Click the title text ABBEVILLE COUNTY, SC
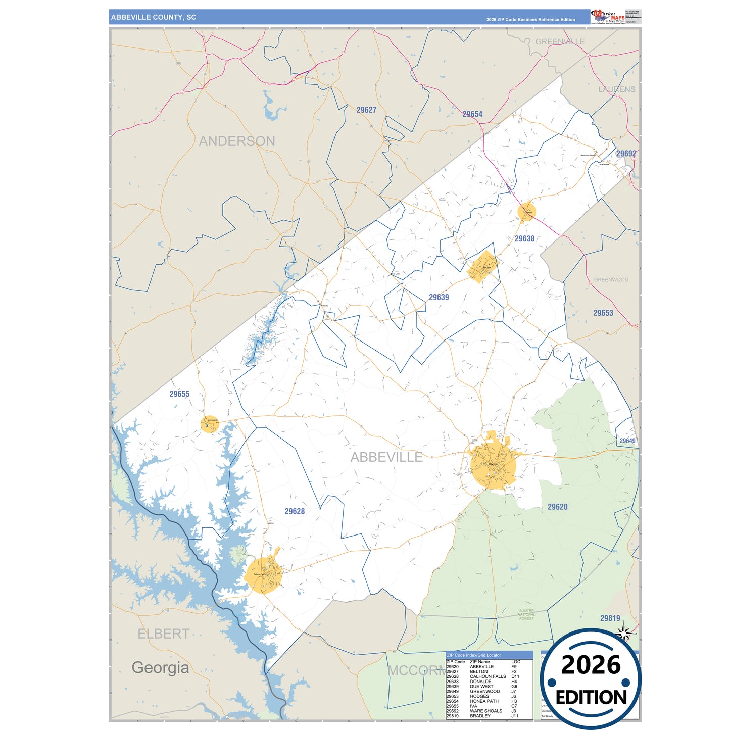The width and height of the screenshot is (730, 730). pyautogui.click(x=153, y=17)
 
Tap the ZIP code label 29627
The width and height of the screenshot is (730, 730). pyautogui.click(x=366, y=110)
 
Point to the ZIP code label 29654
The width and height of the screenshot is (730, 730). pyautogui.click(x=472, y=114)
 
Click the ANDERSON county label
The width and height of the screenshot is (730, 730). pyautogui.click(x=237, y=141)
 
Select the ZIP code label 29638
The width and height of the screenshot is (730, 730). pyautogui.click(x=524, y=239)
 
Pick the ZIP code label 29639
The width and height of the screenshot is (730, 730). pyautogui.click(x=439, y=297)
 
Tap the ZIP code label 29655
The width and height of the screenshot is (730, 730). pyautogui.click(x=179, y=394)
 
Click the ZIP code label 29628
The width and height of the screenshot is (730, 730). pyautogui.click(x=295, y=511)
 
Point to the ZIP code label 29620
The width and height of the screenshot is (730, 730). pyautogui.click(x=557, y=507)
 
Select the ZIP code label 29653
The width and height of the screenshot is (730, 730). pyautogui.click(x=603, y=313)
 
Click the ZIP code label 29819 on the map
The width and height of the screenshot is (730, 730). pyautogui.click(x=610, y=618)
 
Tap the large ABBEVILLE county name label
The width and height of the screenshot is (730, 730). pyautogui.click(x=386, y=457)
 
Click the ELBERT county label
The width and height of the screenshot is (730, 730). pyautogui.click(x=163, y=634)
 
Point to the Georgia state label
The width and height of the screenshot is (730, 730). pyautogui.click(x=160, y=667)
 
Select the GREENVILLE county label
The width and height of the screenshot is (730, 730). pyautogui.click(x=560, y=42)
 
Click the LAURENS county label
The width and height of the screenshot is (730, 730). pyautogui.click(x=616, y=89)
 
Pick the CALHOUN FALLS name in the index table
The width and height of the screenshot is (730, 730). pyautogui.click(x=488, y=676)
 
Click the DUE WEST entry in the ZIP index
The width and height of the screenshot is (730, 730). pyautogui.click(x=481, y=687)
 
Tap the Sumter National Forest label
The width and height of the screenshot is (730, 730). pyautogui.click(x=526, y=614)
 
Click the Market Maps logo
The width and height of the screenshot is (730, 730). pyautogui.click(x=608, y=17)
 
